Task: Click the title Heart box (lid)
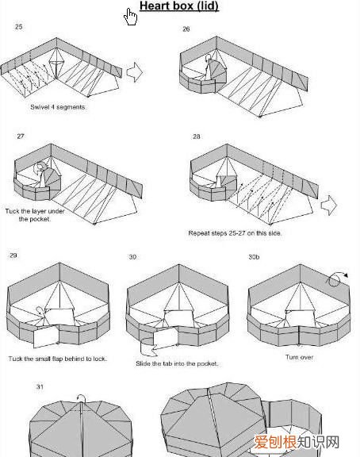[x=179, y=6]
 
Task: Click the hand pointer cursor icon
[x=130, y=17]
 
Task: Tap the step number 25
[x=19, y=27]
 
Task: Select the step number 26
[x=186, y=29]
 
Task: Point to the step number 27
[x=21, y=136]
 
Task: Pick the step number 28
[x=197, y=136]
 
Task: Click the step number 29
[x=13, y=255]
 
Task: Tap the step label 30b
[x=254, y=257]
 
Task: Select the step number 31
[x=40, y=386]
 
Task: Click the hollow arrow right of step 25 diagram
[x=135, y=72]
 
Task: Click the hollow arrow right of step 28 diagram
[x=329, y=205]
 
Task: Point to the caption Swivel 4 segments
[x=58, y=107]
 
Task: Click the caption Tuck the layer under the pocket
[x=35, y=215]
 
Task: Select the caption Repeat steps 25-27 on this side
[x=235, y=233]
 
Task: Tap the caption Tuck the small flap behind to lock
[x=57, y=359]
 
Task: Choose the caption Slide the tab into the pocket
[x=177, y=363]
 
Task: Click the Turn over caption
[x=300, y=357]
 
